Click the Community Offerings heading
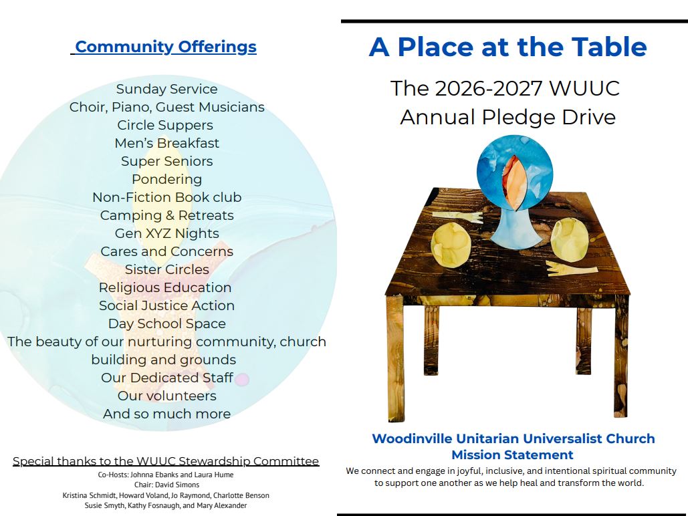[165, 47]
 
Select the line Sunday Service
[166, 89]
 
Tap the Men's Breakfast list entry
[166, 143]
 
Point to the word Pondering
[166, 179]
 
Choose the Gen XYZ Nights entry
[166, 233]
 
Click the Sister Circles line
[166, 269]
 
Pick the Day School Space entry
[166, 324]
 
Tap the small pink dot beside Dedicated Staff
[242, 379]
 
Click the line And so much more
[166, 414]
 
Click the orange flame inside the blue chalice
[514, 182]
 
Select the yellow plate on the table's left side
[451, 245]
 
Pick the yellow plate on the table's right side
[570, 239]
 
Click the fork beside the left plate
[457, 217]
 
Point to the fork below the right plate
[571, 268]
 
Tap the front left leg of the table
[395, 358]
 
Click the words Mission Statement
[512, 455]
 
